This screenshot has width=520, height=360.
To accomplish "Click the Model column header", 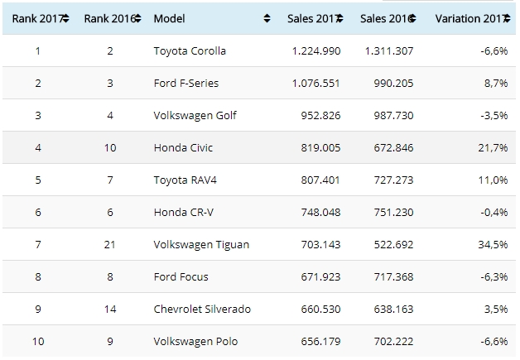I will pos(171,17).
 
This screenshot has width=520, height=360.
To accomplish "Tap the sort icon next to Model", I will pos(267,17).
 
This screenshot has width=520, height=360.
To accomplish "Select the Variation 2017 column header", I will pos(469,17).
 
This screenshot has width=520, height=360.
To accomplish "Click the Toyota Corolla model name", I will pos(190,50).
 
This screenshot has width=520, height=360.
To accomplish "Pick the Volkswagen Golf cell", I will pos(195,115).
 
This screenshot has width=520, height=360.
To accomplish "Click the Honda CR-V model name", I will pos(184,212).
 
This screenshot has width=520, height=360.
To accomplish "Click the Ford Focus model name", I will pos(182,276).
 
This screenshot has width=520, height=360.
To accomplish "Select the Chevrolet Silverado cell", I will pos(202,309).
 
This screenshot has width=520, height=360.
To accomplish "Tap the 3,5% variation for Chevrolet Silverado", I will pos(495,309).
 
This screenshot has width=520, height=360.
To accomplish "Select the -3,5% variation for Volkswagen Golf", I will pos(494,115).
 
